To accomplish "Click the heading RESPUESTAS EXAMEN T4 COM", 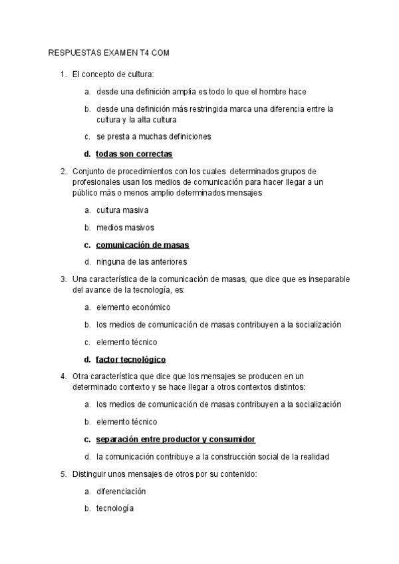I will pos(110,53).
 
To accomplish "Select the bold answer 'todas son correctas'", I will pos(134,154).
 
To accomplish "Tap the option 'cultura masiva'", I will pos(122,210).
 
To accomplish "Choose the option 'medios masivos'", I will pos(125,227).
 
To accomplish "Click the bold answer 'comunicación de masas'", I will pos(142,245).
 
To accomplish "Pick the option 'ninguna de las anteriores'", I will pos(141,262).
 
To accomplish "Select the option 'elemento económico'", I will pos(133,307).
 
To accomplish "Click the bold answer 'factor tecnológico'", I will pos(130,360).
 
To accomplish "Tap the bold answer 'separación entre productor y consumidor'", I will pos(176,440).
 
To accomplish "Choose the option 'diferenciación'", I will pos(121,492).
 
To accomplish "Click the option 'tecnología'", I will pos(115,509).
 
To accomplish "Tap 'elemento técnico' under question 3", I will pos(126,343).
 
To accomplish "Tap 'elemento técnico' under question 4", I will pos(126,422).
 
